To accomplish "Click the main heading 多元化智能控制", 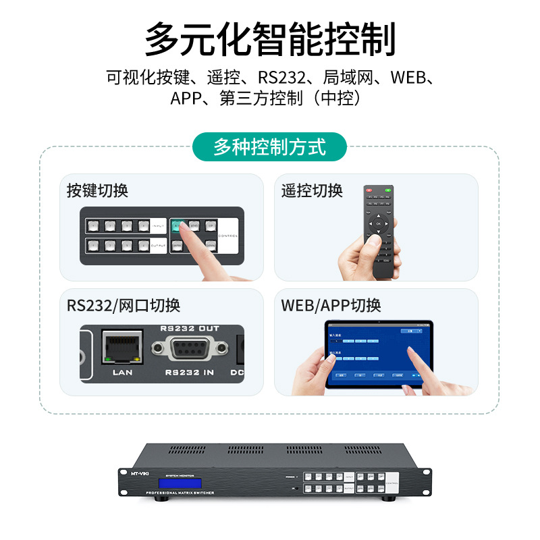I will (270, 39).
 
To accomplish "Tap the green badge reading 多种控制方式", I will (269, 146).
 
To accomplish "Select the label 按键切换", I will (97, 190).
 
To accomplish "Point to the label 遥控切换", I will (312, 190).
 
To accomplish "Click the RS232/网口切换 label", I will (124, 305).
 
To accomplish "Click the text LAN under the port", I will (122, 372).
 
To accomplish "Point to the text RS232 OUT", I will (190, 329).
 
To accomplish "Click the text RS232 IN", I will (190, 372).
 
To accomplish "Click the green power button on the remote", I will (387, 192).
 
